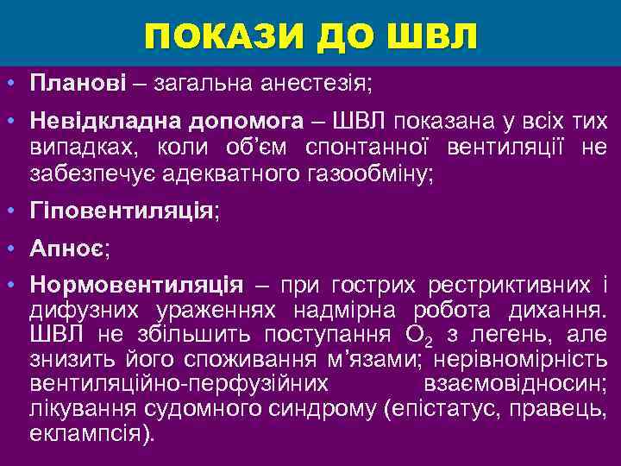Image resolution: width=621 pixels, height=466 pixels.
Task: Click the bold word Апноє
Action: pos(66,248)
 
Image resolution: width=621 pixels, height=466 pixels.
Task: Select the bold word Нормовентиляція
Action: pos(136,285)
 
